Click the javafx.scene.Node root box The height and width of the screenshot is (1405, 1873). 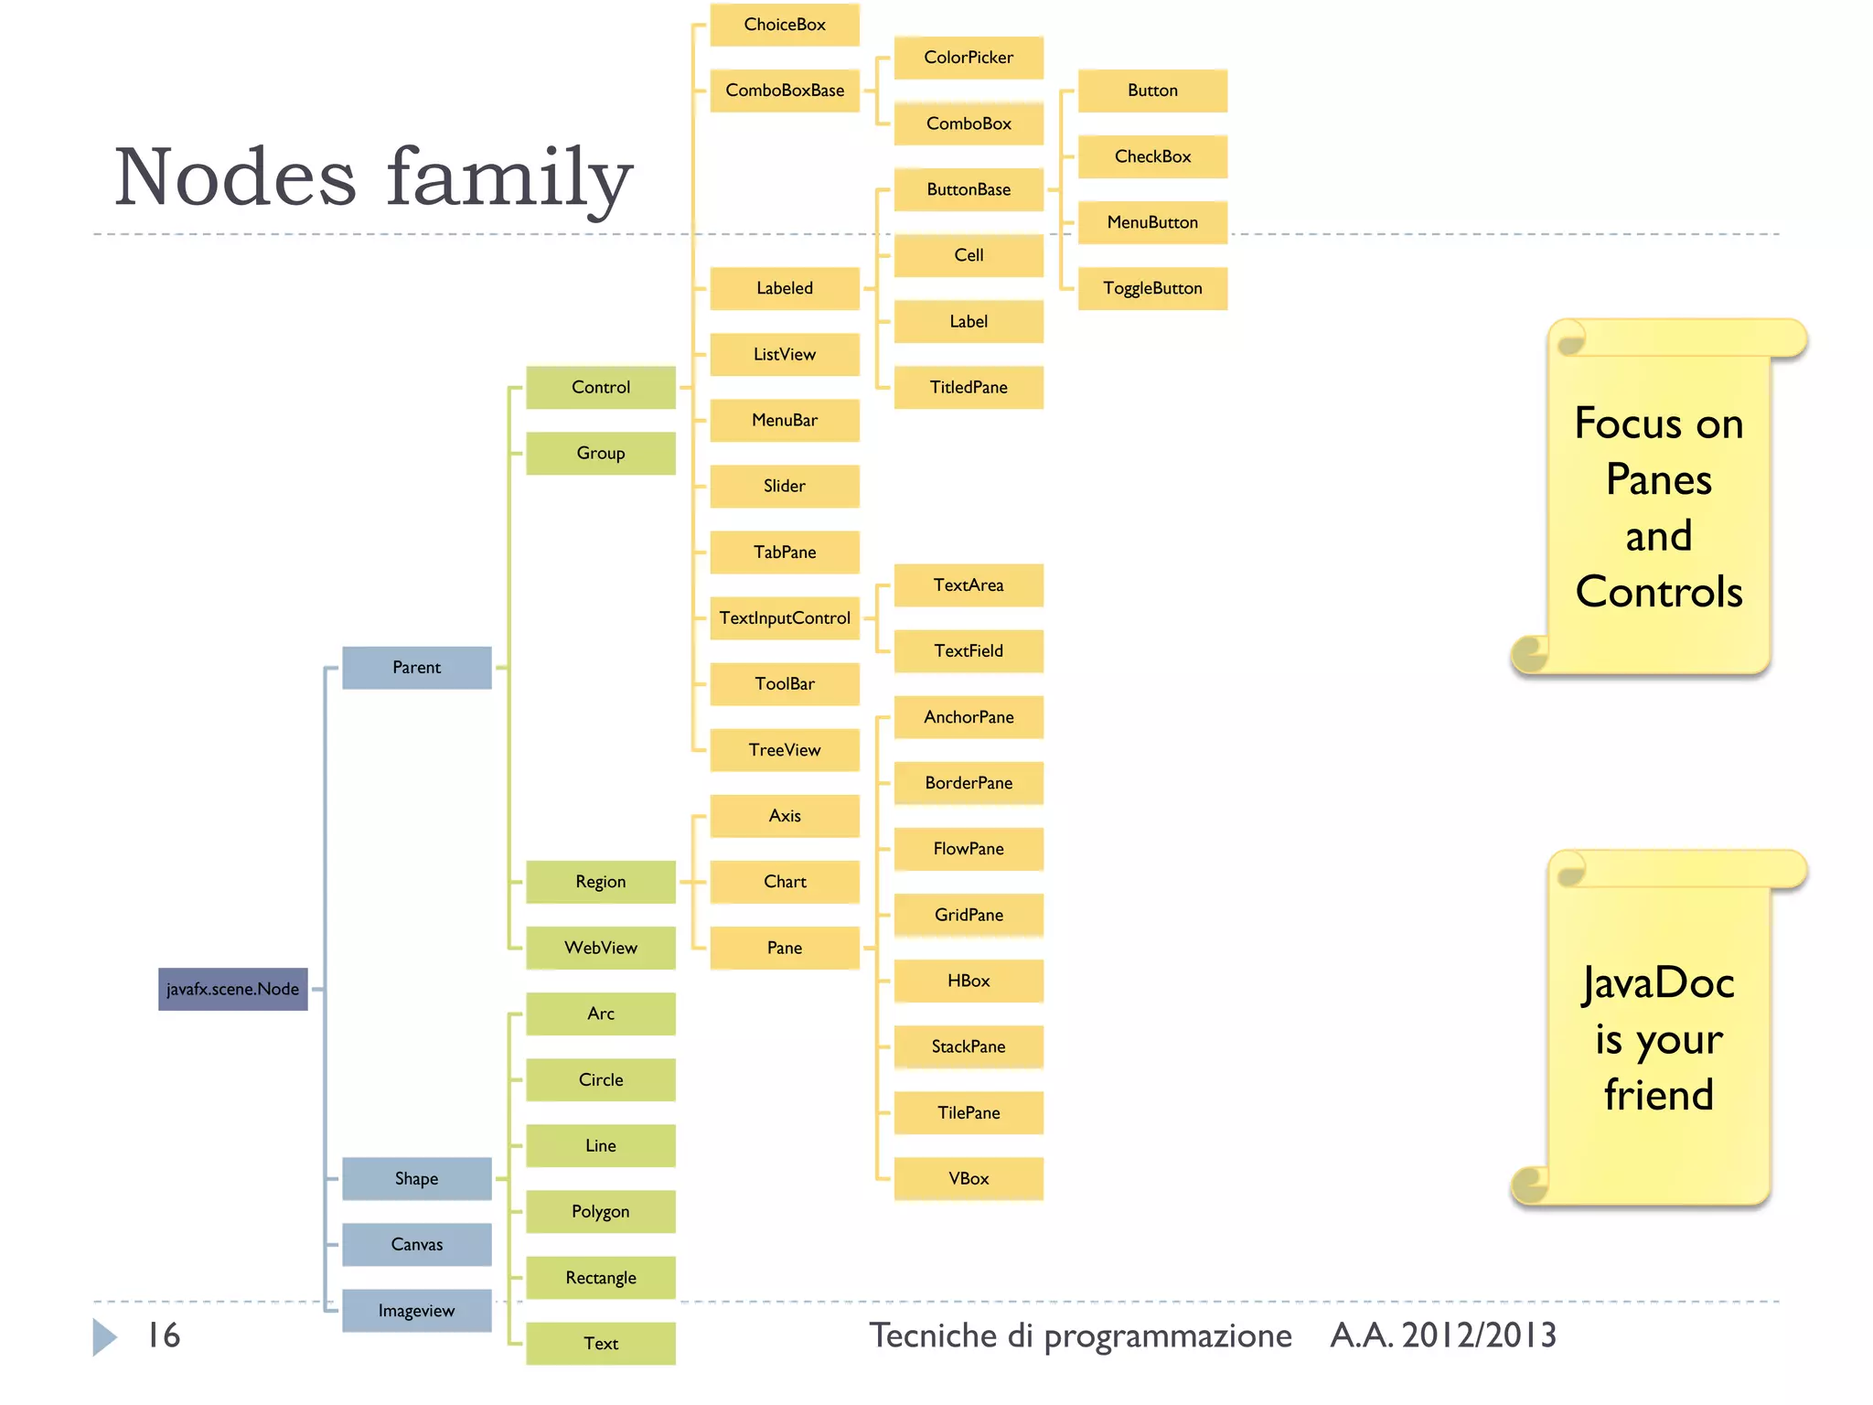point(232,989)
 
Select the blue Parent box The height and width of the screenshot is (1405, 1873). point(416,667)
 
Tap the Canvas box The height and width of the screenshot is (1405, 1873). point(416,1244)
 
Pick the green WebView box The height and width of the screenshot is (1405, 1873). point(600,948)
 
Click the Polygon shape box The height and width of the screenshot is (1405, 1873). point(600,1211)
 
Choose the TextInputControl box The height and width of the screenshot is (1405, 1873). point(784,617)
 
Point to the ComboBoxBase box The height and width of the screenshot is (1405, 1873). point(784,90)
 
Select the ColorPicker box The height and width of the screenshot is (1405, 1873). point(968,57)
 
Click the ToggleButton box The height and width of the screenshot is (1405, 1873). point(1151,288)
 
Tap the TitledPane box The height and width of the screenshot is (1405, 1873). point(968,387)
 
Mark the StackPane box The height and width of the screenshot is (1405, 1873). point(968,1046)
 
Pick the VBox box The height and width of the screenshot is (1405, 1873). point(968,1178)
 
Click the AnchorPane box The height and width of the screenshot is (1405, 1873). point(968,717)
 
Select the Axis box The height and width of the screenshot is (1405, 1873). point(784,816)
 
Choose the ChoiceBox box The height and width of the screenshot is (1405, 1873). point(784,24)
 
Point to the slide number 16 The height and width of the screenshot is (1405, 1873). point(164,1335)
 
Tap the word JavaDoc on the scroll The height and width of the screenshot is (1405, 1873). point(1658,983)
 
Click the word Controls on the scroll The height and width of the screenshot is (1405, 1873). point(1658,592)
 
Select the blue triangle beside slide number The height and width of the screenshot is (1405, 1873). point(104,1336)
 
